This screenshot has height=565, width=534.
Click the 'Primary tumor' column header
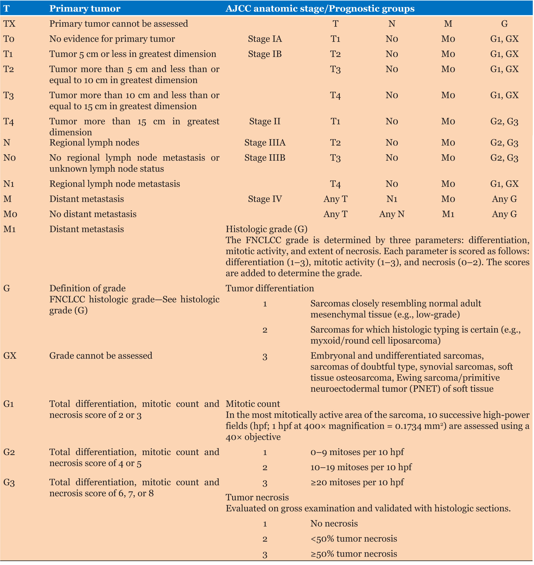[x=85, y=9]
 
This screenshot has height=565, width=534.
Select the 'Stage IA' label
[x=265, y=39]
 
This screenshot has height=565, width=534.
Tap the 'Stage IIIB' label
[x=265, y=158]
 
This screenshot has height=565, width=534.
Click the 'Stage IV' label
[x=265, y=199]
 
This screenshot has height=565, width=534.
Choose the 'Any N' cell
[x=392, y=214]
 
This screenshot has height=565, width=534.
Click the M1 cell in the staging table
[x=448, y=214]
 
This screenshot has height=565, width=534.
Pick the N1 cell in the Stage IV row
[x=392, y=199]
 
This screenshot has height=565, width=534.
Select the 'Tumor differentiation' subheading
[x=270, y=288]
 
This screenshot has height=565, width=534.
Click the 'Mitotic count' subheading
[x=253, y=404]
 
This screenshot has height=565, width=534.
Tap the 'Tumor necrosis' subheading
[x=257, y=497]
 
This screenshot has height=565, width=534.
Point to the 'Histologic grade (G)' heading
[x=267, y=229]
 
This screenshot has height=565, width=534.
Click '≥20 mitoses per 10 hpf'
[x=357, y=482]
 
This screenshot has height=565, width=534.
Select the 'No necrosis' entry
[x=334, y=523]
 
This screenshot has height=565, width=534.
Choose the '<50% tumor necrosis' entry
[x=354, y=539]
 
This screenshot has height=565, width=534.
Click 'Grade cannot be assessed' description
[x=101, y=355]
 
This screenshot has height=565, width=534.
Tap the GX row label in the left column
[x=10, y=355]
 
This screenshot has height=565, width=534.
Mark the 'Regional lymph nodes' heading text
[x=94, y=142]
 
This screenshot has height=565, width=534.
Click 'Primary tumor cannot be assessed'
[x=119, y=24]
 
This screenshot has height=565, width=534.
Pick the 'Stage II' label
[x=265, y=121]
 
